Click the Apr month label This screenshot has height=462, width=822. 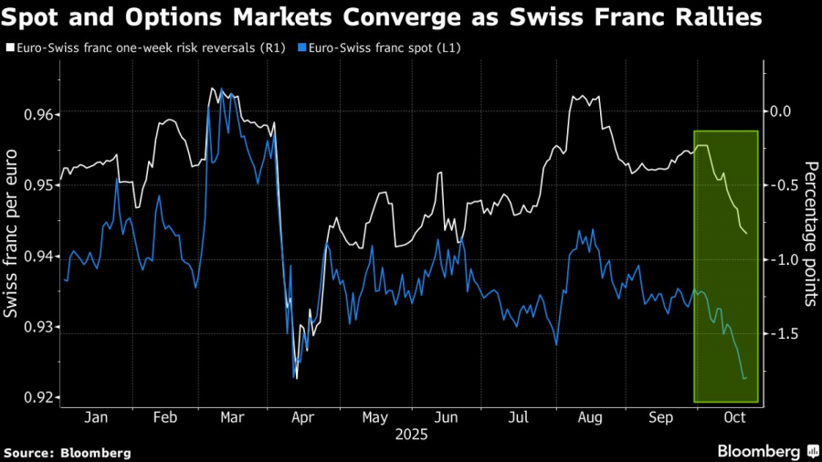coord(303,418)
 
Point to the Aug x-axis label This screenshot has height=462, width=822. coord(589,418)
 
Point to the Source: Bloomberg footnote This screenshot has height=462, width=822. coord(68,452)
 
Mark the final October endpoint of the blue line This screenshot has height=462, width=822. coord(746,378)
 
